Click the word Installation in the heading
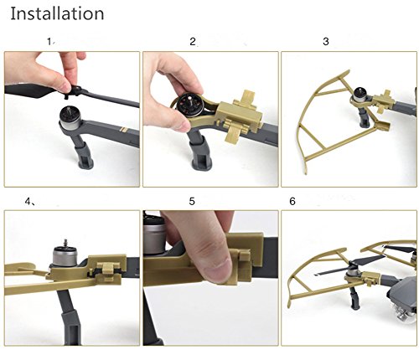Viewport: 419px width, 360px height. (x=57, y=13)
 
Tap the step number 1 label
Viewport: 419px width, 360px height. (x=49, y=42)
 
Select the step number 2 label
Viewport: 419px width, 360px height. (x=193, y=42)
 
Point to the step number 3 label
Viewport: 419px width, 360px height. (x=326, y=42)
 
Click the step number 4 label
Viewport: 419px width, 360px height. (x=28, y=201)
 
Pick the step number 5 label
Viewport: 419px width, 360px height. (x=192, y=201)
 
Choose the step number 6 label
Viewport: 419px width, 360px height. (x=292, y=201)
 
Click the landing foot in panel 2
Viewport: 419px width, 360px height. (x=200, y=156)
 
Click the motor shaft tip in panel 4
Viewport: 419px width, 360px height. (x=65, y=239)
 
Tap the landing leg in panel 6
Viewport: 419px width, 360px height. (x=354, y=298)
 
